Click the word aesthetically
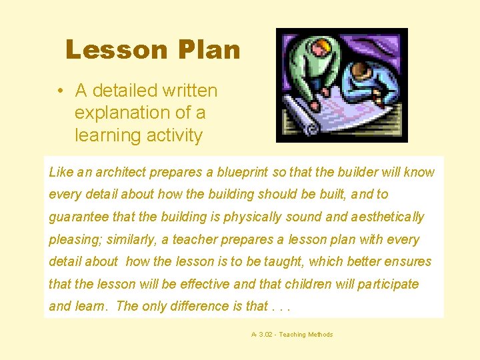tap(385, 217)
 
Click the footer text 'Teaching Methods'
tap(306, 335)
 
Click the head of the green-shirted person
tap(321, 47)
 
